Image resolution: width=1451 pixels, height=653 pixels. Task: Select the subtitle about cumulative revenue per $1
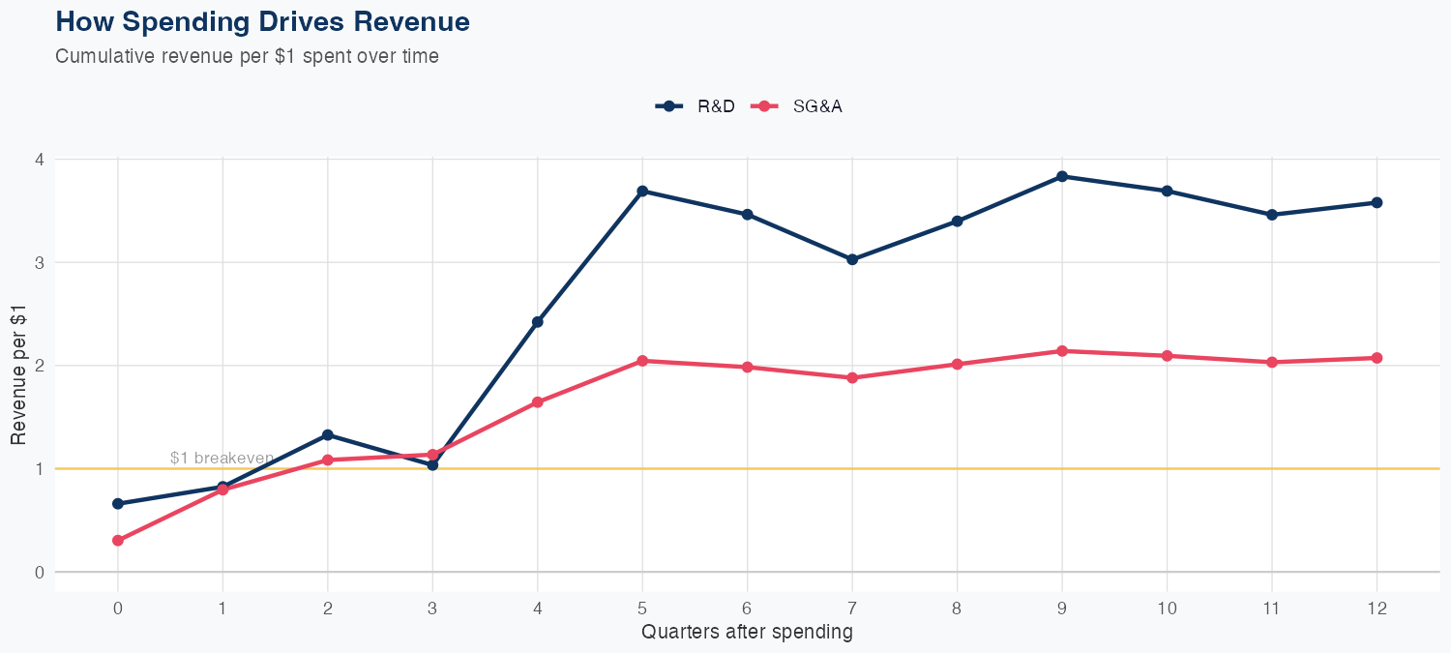click(x=247, y=56)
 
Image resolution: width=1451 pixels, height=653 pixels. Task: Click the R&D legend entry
click(x=696, y=106)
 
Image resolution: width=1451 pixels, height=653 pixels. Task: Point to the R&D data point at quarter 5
click(x=642, y=192)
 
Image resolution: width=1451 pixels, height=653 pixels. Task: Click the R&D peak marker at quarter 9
click(x=1062, y=176)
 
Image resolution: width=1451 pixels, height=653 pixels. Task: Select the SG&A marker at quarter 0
click(x=118, y=541)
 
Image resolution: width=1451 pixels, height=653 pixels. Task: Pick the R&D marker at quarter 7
click(x=852, y=259)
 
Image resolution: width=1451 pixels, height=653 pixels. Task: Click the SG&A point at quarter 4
click(x=538, y=402)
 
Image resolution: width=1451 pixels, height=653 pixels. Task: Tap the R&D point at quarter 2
click(x=328, y=435)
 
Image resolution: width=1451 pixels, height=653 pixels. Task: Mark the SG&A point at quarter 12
click(x=1377, y=358)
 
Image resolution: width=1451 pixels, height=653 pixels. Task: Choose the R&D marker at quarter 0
click(x=118, y=504)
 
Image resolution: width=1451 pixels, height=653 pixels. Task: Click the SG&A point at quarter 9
click(x=1062, y=351)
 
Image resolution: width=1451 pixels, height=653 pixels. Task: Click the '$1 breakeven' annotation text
click(x=222, y=458)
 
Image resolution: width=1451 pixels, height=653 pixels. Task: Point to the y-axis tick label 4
click(x=40, y=160)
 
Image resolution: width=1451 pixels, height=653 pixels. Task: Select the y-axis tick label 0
click(x=40, y=573)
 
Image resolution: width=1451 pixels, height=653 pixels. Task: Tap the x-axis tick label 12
click(x=1377, y=608)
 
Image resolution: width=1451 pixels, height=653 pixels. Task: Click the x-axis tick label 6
click(x=748, y=608)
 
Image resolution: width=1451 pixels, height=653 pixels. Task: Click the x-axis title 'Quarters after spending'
click(x=747, y=633)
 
